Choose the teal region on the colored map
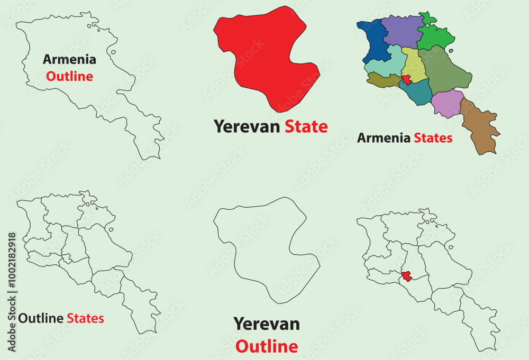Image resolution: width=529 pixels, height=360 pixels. coord(416,93)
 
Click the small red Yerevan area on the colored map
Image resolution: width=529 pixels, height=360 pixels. coord(406,80)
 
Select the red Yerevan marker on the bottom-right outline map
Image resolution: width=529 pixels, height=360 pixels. coord(406,276)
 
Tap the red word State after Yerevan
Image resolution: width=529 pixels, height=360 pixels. coord(306,126)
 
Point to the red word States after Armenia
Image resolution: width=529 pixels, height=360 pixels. coord(433,139)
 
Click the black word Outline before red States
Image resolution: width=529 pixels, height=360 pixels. coord(41,318)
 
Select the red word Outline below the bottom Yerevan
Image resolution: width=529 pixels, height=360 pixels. coord(267,347)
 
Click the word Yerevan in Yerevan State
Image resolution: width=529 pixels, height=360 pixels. coord(247,126)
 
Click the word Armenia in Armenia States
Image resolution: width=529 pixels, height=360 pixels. coord(384,139)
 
